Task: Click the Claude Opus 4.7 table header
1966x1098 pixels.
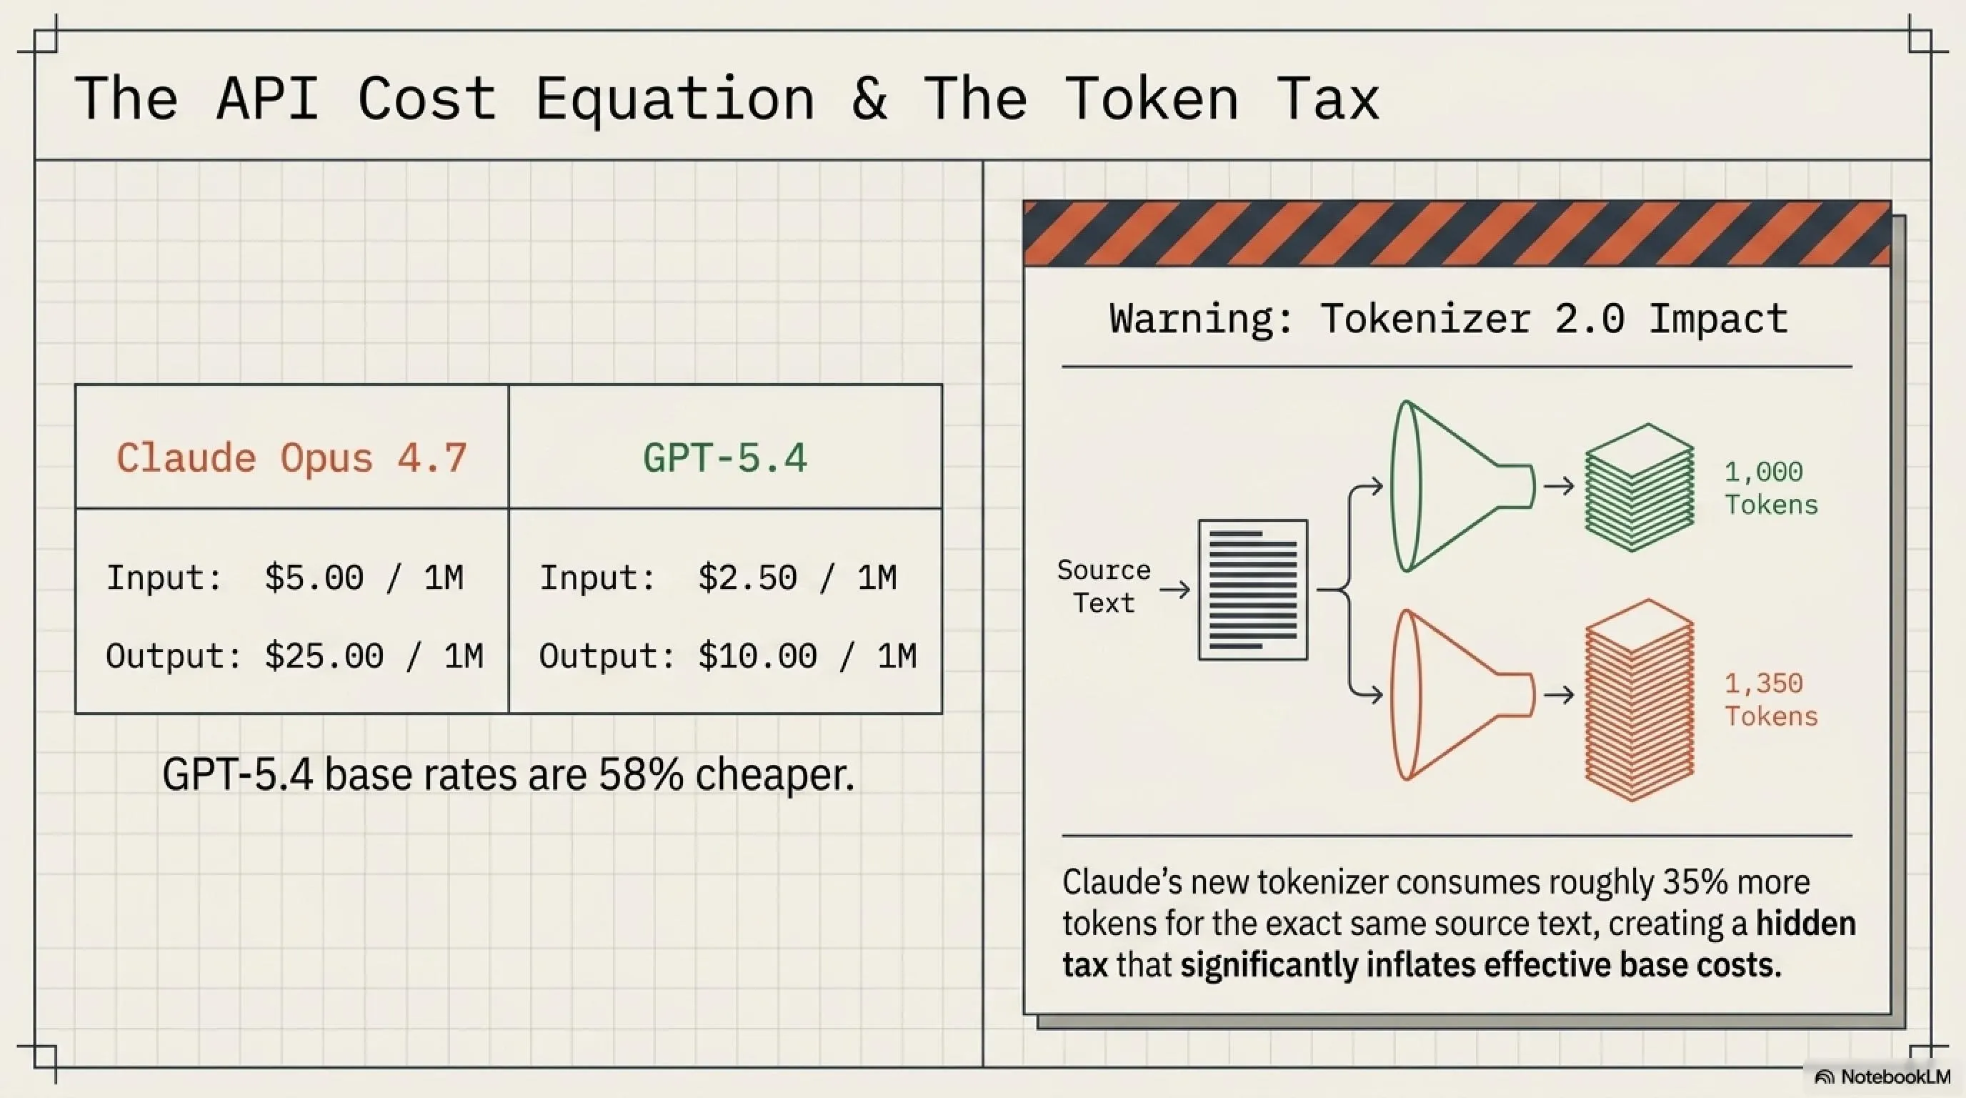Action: [291, 458]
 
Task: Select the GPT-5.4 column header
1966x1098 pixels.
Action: [724, 458]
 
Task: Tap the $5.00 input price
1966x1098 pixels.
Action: [314, 578]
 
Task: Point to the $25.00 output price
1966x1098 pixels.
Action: [324, 656]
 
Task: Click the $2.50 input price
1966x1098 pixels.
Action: [747, 578]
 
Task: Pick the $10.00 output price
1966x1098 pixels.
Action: [757, 656]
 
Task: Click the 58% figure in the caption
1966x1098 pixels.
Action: [641, 775]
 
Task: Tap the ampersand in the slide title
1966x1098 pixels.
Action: [869, 99]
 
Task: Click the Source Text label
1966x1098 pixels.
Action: [1104, 586]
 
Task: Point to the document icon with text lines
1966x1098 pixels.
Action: [1252, 590]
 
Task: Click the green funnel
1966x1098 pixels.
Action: [1462, 485]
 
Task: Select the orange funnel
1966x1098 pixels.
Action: [1462, 695]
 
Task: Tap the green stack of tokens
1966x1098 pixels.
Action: [1640, 487]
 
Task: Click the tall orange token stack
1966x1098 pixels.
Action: [1640, 700]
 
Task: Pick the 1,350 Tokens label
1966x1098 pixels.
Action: [1772, 699]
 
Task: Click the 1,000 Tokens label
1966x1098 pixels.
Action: [1772, 488]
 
